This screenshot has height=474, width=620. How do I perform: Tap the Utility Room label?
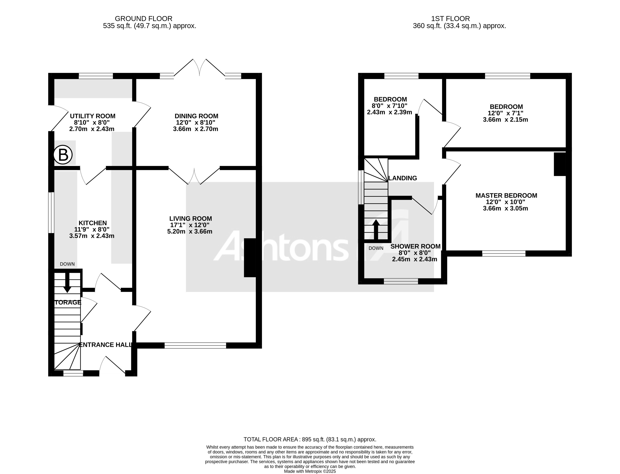pyautogui.click(x=93, y=116)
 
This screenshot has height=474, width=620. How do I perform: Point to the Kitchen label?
pyautogui.click(x=93, y=223)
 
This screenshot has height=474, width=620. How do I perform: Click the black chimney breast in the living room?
pyautogui.click(x=250, y=258)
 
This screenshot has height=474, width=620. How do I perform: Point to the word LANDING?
pyautogui.click(x=403, y=178)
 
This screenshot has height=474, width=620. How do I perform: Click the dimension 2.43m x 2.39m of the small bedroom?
pyautogui.click(x=389, y=112)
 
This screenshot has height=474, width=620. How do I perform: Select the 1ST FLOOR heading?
pyautogui.click(x=450, y=19)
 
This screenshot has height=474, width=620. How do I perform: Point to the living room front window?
pyautogui.click(x=195, y=345)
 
